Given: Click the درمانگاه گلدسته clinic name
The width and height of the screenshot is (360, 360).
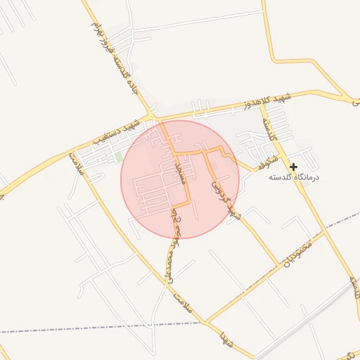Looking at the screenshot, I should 293,177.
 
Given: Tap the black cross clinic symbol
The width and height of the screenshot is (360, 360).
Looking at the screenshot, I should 293,167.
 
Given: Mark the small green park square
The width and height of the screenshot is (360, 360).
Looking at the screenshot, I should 118,155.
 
